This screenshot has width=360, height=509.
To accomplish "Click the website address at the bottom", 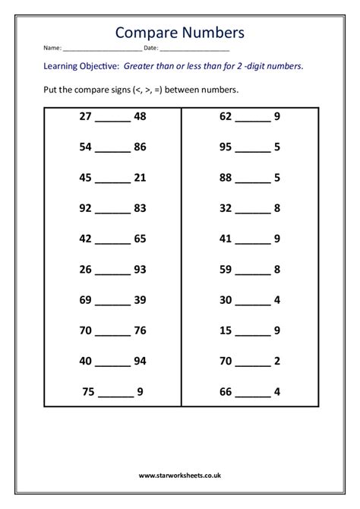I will click(x=179, y=475).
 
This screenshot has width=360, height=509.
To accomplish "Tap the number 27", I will click(x=85, y=117).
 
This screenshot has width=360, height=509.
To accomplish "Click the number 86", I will click(x=140, y=147).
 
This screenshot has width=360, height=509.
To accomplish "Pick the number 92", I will click(x=85, y=207).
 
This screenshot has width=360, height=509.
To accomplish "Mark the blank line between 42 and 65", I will click(x=112, y=241).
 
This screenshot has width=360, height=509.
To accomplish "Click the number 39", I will click(x=140, y=299).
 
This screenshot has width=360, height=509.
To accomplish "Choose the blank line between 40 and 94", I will click(x=112, y=363).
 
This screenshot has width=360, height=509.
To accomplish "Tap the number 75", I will click(x=90, y=392).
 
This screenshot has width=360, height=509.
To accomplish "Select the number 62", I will click(x=226, y=117).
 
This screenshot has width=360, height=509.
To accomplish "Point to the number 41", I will click(x=226, y=238).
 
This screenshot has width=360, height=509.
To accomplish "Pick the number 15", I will click(x=226, y=330).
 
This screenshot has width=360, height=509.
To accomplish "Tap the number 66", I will click(x=226, y=392).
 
